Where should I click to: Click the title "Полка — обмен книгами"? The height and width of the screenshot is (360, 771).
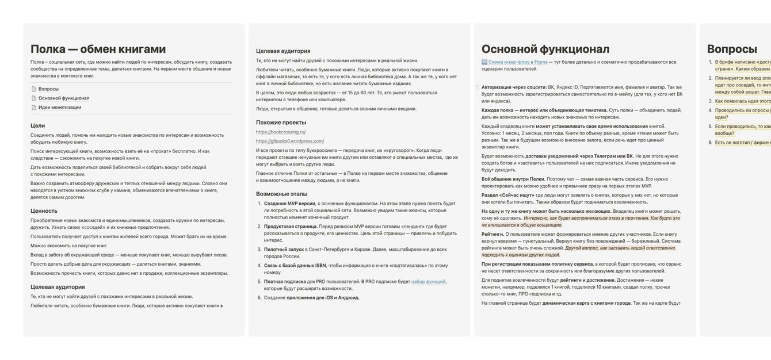coord(98,49)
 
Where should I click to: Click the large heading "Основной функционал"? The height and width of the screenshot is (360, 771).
coord(545,49)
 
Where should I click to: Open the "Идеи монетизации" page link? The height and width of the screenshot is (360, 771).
coord(59,107)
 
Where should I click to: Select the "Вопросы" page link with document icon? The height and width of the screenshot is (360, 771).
coord(48,89)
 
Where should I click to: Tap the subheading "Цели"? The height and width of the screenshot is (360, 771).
coord(37,125)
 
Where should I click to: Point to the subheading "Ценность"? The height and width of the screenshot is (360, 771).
coord(44,210)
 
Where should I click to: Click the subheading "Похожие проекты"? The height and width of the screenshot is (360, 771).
coord(281,122)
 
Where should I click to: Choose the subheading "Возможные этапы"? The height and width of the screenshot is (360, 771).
coord(281,194)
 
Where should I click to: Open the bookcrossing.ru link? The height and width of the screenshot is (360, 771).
coord(281,132)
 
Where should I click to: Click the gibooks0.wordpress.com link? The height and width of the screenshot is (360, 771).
coord(289,141)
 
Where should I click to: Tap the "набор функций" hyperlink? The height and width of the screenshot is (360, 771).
coord(428,281)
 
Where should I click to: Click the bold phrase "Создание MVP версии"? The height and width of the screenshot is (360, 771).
coord(289,204)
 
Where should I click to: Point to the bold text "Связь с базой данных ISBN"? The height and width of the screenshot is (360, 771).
coord(295,265)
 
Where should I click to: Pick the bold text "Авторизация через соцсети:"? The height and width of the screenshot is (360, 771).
coord(514,87)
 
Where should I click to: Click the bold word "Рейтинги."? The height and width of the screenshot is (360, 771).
coord(493,234)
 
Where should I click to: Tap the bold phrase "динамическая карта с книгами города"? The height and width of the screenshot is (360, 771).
coord(586,303)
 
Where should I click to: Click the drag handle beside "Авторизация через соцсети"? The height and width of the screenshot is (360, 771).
coord(477,87)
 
